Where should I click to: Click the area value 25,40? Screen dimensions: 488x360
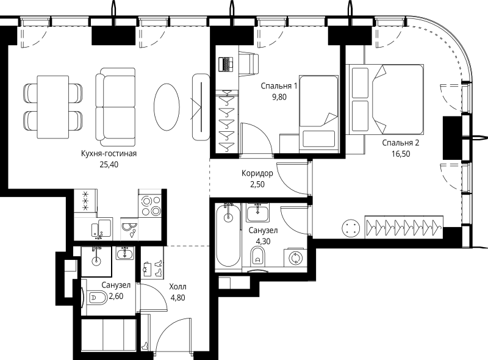(x=109, y=164)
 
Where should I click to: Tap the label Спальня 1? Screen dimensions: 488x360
(x=279, y=85)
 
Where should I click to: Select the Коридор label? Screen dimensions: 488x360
(x=257, y=173)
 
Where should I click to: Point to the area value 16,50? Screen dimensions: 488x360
(x=401, y=154)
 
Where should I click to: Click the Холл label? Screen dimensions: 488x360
(x=178, y=287)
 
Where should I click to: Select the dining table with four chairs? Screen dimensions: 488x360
(x=53, y=107)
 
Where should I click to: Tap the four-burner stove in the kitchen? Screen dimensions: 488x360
(x=150, y=206)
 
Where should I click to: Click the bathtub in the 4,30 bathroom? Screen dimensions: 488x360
(x=228, y=235)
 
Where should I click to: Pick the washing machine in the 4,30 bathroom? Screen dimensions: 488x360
(x=295, y=258)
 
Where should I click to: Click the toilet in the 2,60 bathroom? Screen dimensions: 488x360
(x=97, y=297)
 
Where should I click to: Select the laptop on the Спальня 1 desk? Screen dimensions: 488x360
(x=226, y=65)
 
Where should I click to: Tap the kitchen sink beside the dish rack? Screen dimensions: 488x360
(x=102, y=228)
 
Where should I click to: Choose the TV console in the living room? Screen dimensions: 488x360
(x=201, y=107)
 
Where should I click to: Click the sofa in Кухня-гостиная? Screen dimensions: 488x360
(x=115, y=107)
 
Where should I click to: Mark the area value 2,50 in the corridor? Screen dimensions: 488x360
(x=257, y=184)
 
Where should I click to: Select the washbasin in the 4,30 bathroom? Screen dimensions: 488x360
(x=257, y=212)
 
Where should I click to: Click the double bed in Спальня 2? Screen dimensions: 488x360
(x=385, y=99)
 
